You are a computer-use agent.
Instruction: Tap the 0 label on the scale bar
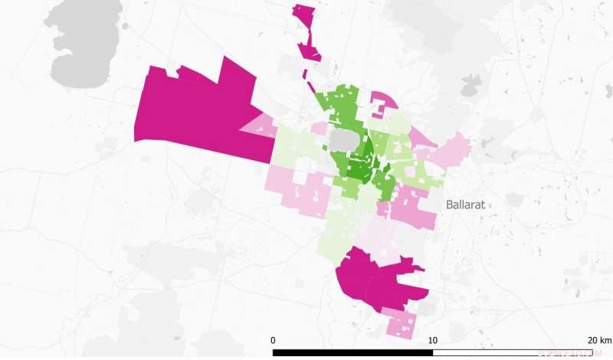click(274, 340)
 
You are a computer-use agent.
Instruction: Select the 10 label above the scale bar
click(433, 340)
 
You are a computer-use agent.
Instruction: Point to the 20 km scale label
click(599, 340)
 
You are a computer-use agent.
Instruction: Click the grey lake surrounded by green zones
click(343, 140)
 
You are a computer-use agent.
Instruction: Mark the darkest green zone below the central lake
click(358, 169)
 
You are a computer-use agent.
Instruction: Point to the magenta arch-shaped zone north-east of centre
click(382, 103)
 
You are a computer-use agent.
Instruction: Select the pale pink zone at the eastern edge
click(452, 149)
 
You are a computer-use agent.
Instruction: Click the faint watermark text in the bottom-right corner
click(567, 354)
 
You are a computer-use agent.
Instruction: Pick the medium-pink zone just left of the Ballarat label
click(414, 207)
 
